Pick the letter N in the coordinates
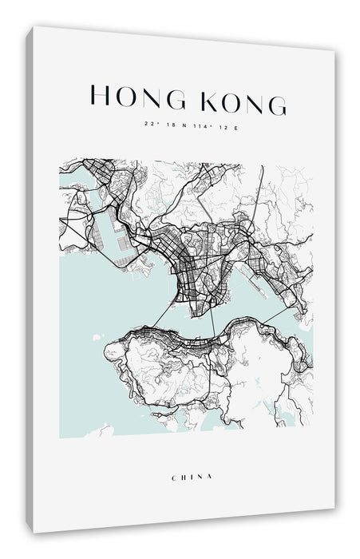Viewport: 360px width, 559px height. pos(182,125)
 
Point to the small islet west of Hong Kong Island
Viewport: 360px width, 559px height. pos(96,337)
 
